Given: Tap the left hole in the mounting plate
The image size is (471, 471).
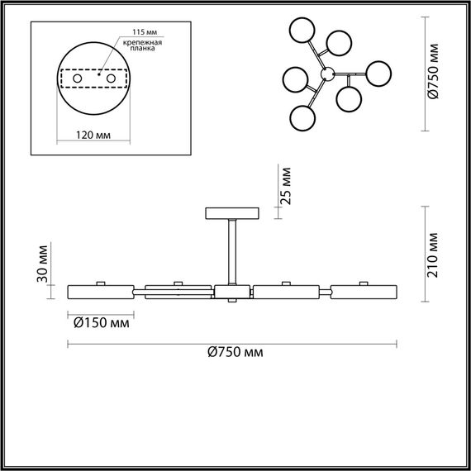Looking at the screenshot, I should tap(78, 78).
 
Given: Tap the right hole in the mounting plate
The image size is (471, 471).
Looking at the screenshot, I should tap(108, 78).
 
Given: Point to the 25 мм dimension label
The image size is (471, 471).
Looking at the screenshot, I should tap(285, 188).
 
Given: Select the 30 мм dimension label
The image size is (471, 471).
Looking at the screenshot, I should tap(44, 263).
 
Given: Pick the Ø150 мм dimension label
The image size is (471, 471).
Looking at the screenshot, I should tap(102, 323).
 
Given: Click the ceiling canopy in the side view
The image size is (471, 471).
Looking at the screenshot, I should tap(232, 212).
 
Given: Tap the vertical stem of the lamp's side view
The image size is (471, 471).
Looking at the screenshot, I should tap(232, 252).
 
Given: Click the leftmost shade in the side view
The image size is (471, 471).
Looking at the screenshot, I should tap(100, 292).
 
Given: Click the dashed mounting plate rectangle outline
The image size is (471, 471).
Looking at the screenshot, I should tap(93, 68).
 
